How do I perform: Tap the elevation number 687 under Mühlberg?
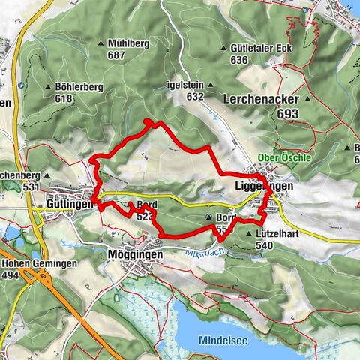pyautogui.click(x=115, y=55)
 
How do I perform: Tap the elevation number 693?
pyautogui.click(x=286, y=113)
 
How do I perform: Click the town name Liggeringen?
pyautogui.click(x=263, y=185)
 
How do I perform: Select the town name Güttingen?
pyautogui.click(x=70, y=203)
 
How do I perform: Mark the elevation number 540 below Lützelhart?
pyautogui.click(x=264, y=244)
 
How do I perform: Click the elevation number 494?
pyautogui.click(x=11, y=275)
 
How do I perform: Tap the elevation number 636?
pyautogui.click(x=239, y=60)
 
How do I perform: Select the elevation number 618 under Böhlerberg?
pyautogui.click(x=65, y=98)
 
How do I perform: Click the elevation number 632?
pyautogui.click(x=195, y=97)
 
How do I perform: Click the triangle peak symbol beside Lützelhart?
pyautogui.click(x=249, y=234)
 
